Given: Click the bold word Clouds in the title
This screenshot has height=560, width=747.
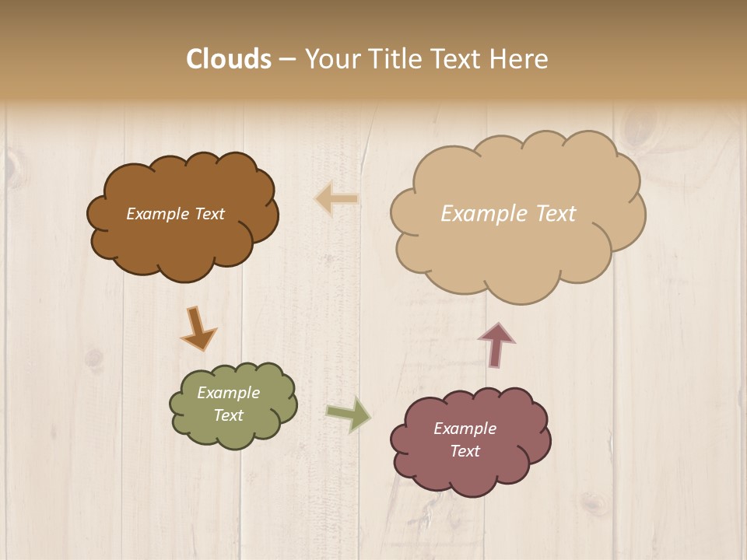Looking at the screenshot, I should [229, 59].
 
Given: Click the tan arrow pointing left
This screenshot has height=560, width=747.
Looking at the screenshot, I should [337, 199].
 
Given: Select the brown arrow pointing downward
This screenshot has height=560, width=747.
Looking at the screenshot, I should [198, 327].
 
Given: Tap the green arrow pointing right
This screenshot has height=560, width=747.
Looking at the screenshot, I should [348, 413].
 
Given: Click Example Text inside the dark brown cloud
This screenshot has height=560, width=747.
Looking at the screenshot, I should [175, 214].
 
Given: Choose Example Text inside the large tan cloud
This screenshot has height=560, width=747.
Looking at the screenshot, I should [508, 214].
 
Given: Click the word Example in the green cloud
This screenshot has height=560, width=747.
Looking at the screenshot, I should [228, 393].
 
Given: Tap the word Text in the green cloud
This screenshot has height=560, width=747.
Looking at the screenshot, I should [228, 415].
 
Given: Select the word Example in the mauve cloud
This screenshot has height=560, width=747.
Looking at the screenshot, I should [465, 429].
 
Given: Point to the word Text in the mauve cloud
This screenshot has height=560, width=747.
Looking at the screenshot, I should [465, 451].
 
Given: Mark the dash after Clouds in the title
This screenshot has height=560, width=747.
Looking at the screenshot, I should [287, 60].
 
